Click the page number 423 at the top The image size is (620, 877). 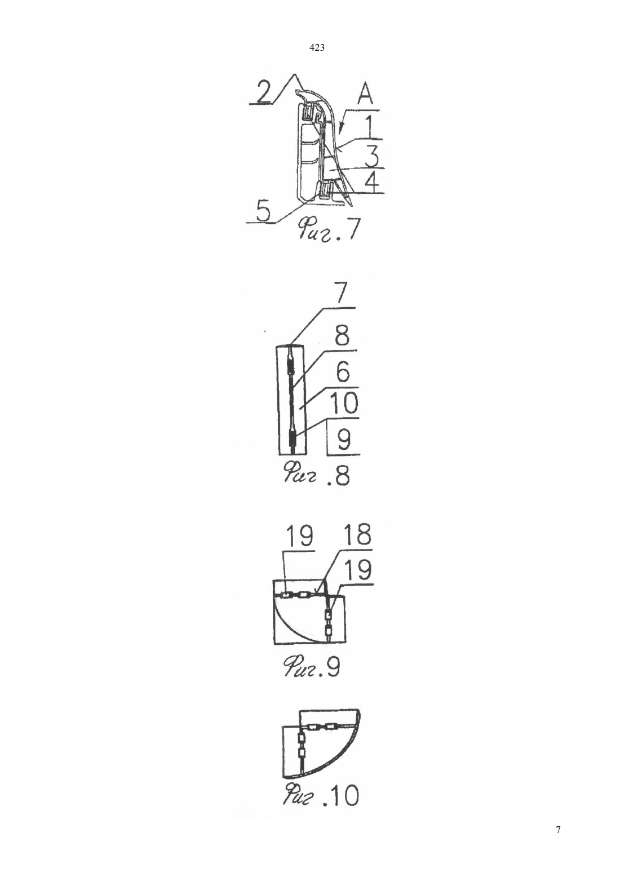(x=317, y=48)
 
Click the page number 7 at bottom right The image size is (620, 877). (x=558, y=830)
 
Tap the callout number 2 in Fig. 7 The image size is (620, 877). (x=263, y=92)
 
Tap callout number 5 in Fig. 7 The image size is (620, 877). (x=263, y=211)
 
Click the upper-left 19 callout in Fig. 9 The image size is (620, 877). (x=299, y=536)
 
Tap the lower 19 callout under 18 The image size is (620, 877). (x=358, y=570)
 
